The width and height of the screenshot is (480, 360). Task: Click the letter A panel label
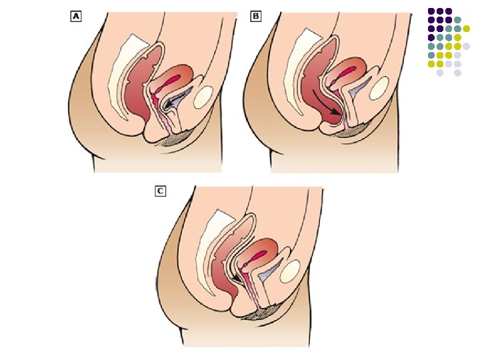(x=76, y=17)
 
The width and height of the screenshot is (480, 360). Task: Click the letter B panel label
(x=255, y=17)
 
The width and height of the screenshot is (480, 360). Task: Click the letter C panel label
(x=161, y=191)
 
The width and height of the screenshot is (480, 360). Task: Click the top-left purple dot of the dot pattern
(x=431, y=11)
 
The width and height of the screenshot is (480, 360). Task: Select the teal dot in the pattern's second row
(x=457, y=20)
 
